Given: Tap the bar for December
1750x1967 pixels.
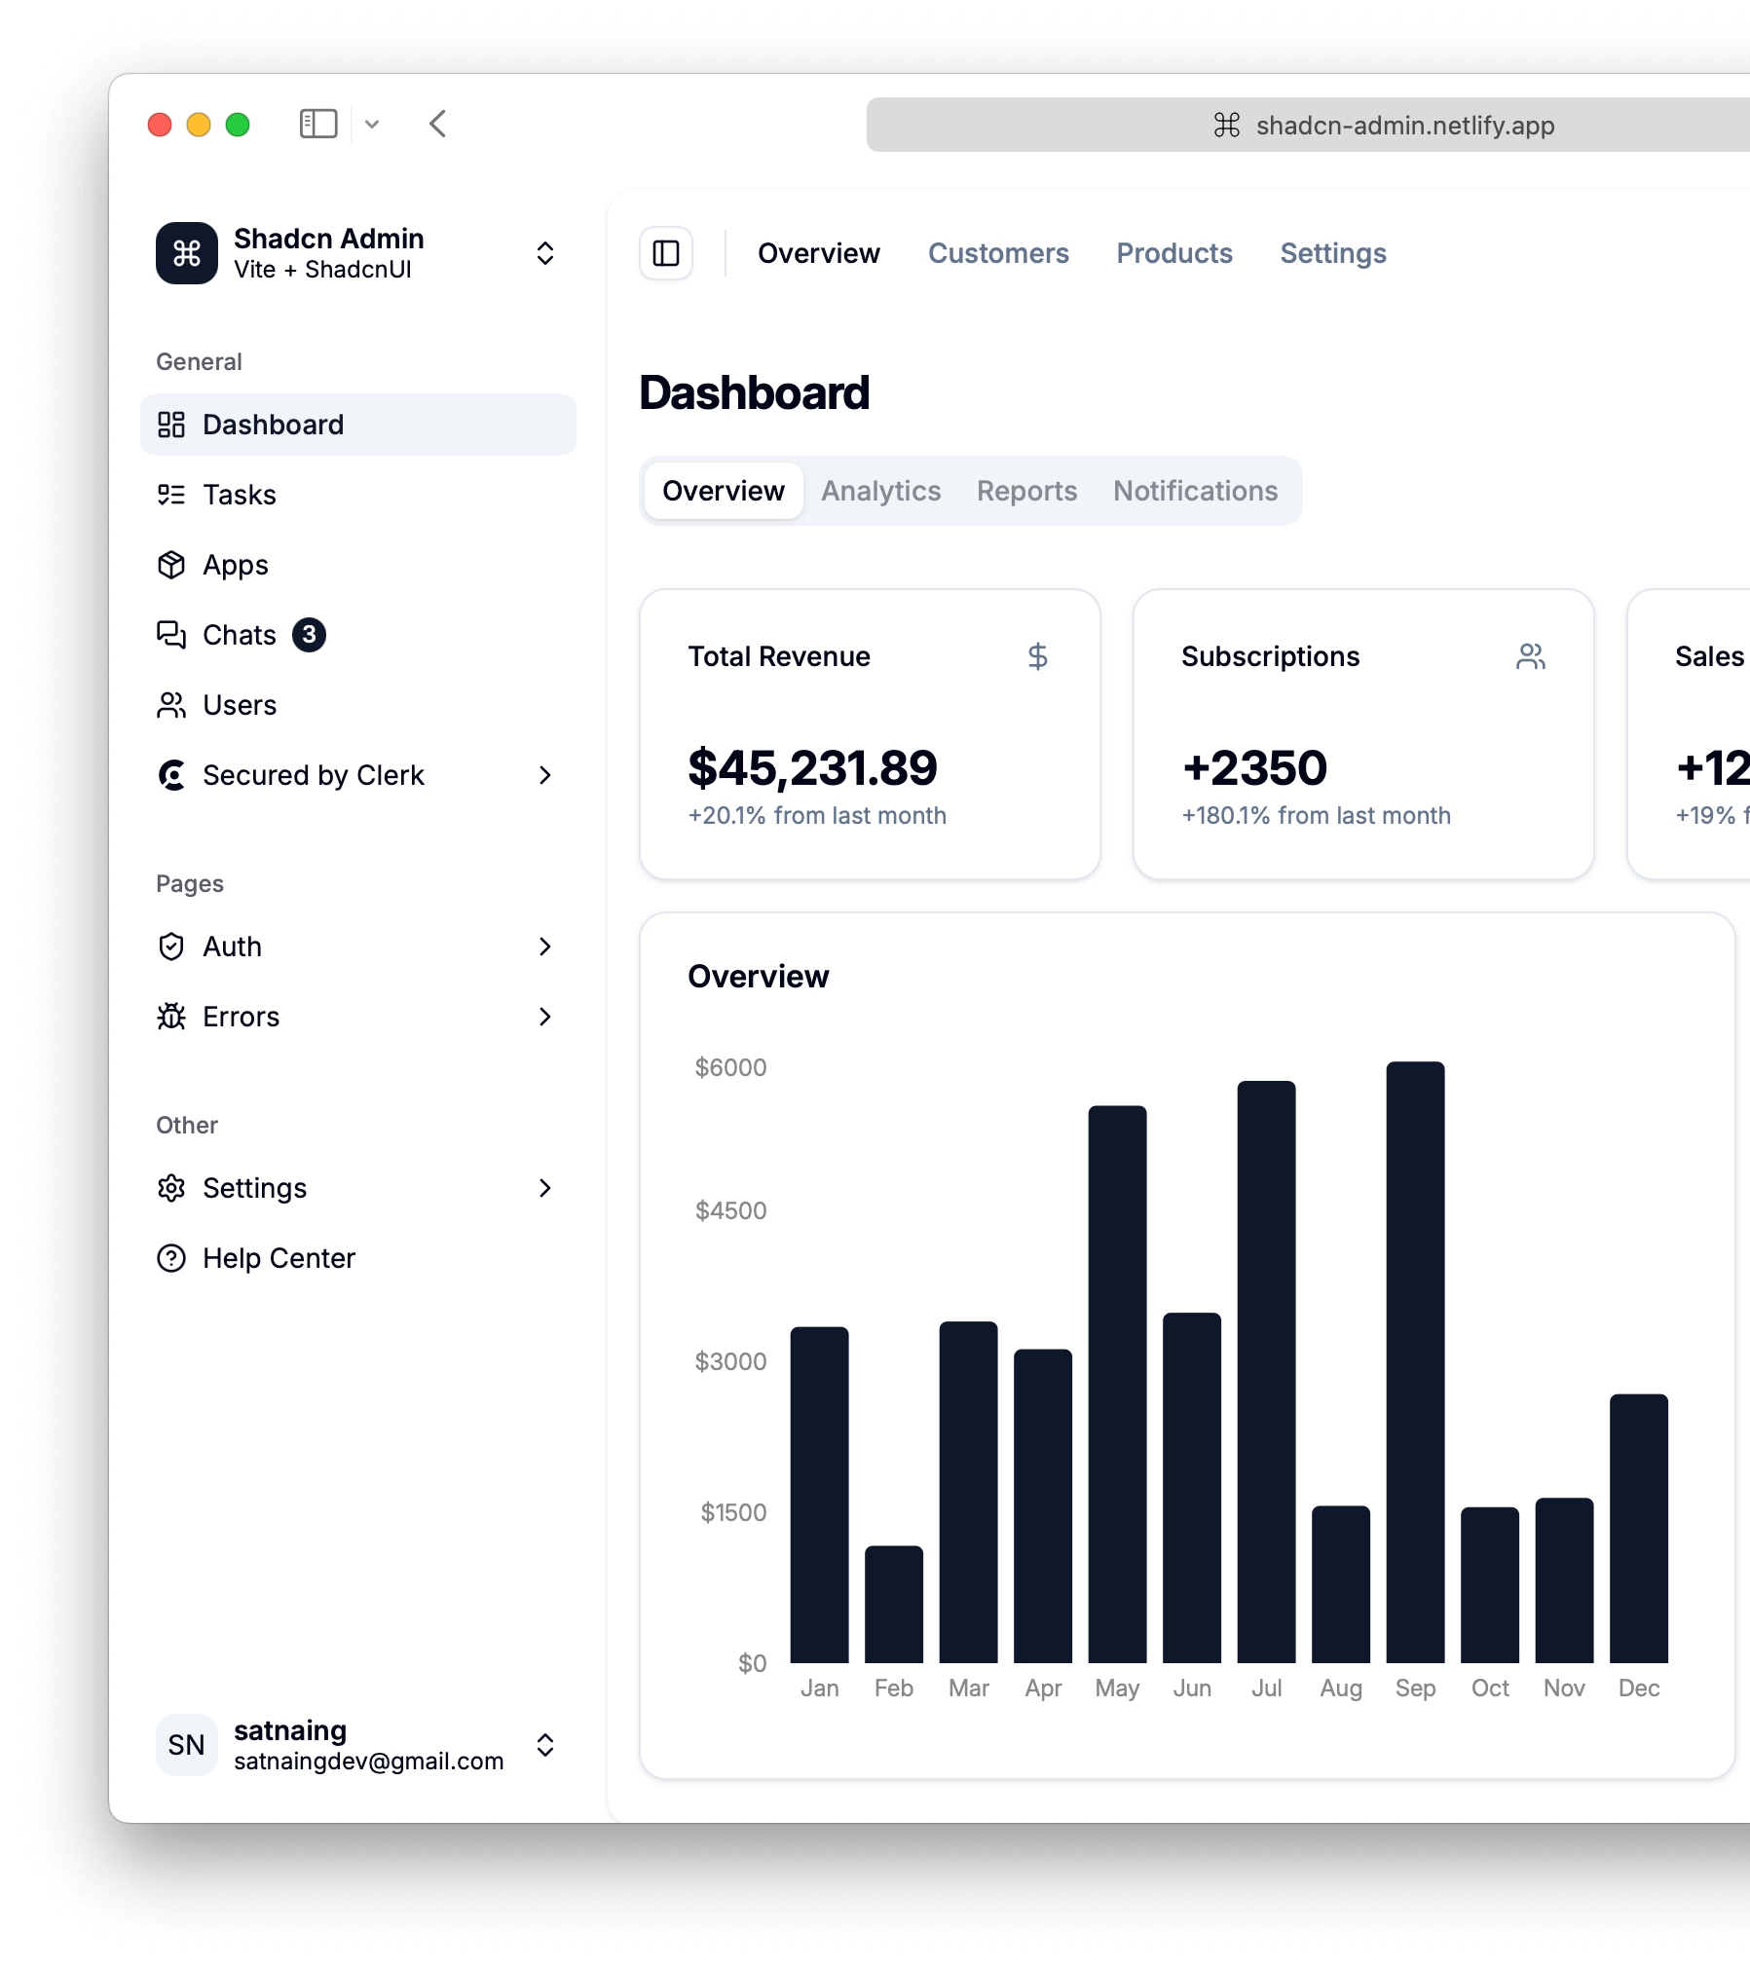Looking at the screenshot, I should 1638,1528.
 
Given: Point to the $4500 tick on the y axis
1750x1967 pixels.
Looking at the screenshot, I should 730,1210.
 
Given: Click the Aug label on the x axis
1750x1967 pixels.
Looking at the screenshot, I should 1340,1688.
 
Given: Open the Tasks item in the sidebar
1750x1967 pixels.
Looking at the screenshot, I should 240,495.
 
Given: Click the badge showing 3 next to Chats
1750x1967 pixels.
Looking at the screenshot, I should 309,635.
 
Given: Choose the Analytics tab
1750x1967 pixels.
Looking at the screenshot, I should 880,491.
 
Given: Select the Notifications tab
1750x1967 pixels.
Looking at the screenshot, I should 1195,491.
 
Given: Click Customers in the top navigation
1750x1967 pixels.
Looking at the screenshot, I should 998,253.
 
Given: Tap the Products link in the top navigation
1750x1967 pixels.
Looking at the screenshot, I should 1174,253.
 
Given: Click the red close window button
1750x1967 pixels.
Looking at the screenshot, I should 160,125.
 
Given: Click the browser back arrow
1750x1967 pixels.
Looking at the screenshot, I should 438,124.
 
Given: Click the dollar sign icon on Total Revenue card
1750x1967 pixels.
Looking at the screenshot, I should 1037,656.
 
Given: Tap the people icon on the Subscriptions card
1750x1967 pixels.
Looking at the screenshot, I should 1530,656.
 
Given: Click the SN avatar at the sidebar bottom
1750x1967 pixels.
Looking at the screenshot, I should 186,1745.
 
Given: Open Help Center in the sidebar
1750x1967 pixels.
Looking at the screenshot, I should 279,1258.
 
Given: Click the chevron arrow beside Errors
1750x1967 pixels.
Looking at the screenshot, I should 544,1017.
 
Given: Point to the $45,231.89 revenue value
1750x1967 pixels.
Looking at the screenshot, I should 812,768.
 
